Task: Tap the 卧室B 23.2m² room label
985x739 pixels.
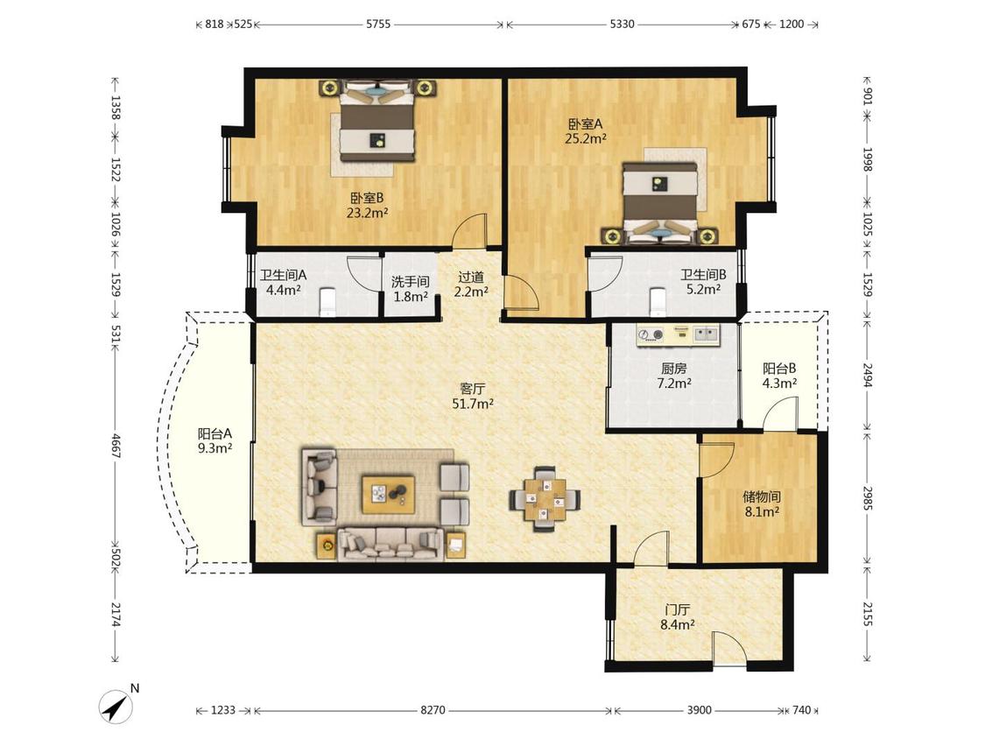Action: coord(367,205)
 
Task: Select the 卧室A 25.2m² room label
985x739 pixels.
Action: coord(585,131)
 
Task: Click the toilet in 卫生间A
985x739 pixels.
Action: coord(328,301)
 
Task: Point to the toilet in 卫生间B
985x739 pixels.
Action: coord(657,301)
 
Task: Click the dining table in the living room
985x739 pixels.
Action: coord(545,499)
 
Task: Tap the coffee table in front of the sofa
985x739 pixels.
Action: coord(388,495)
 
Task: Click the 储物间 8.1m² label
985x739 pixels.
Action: coord(762,504)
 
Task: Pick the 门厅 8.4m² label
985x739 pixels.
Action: coord(677,617)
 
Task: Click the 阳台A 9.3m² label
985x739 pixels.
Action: coord(215,440)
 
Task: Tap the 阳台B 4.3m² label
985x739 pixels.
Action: coord(779,375)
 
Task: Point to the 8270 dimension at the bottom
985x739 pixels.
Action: coord(433,710)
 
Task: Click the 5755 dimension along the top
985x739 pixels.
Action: coord(378,25)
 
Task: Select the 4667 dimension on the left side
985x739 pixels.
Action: coord(116,446)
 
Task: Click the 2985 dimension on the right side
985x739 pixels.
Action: coord(868,497)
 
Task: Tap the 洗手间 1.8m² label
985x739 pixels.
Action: coord(411,289)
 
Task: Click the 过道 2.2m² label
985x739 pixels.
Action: coord(471,284)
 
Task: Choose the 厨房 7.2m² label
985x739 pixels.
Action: coord(674,375)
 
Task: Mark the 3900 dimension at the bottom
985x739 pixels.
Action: coord(699,710)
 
